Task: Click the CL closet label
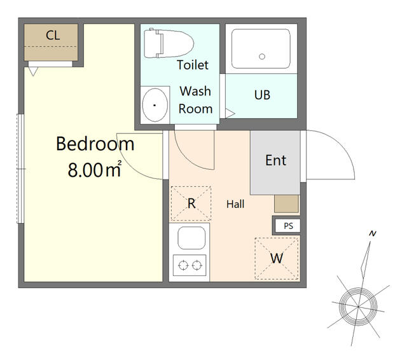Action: (x=53, y=35)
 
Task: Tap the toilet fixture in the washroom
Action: (x=169, y=43)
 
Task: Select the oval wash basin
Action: (x=155, y=105)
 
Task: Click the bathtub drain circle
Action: (x=262, y=57)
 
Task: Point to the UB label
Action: (x=262, y=95)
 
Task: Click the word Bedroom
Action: (x=95, y=144)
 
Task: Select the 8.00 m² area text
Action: (x=95, y=169)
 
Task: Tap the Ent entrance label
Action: (x=275, y=160)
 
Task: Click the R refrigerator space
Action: (x=191, y=204)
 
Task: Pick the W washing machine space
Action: (x=277, y=258)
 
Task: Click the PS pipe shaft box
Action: (x=288, y=226)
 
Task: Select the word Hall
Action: (x=235, y=204)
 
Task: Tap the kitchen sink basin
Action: (x=191, y=238)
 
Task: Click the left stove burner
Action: (x=183, y=265)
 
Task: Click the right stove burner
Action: (x=197, y=265)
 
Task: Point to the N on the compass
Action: (x=373, y=233)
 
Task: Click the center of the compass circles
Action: (x=358, y=307)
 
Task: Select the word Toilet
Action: (x=193, y=65)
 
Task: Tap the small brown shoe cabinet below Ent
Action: (x=287, y=204)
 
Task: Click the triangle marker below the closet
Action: (x=33, y=71)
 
